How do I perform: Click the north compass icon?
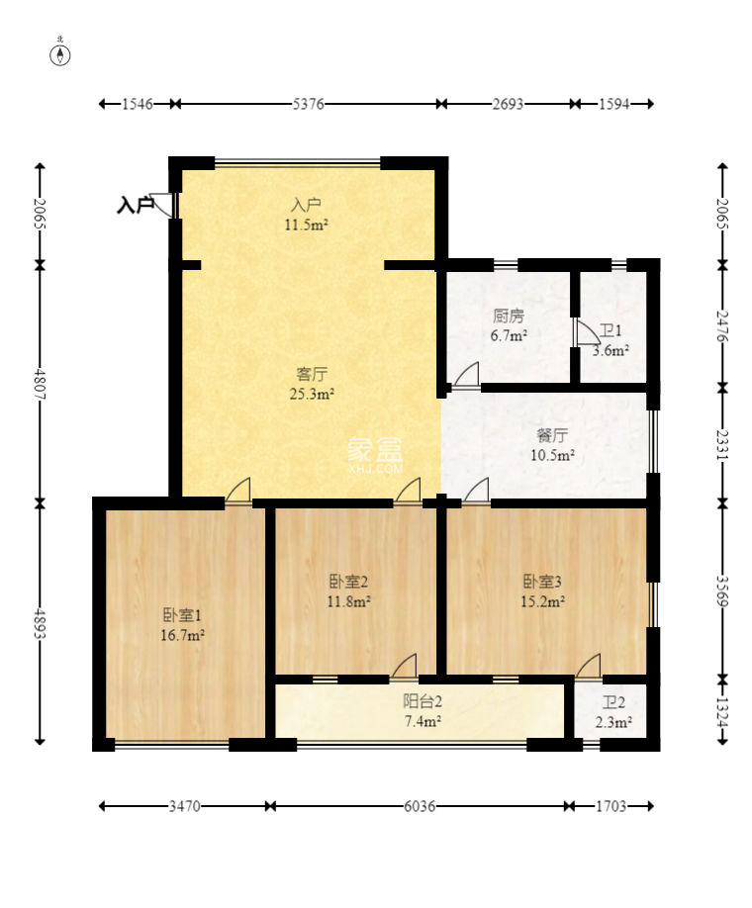click(x=60, y=53)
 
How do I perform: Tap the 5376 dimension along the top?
click(x=308, y=104)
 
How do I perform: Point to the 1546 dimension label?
click(x=138, y=104)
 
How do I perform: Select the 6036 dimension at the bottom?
click(x=419, y=806)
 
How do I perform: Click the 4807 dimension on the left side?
click(x=40, y=383)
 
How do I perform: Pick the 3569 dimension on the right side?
click(x=722, y=590)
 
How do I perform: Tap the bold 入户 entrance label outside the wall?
click(x=136, y=205)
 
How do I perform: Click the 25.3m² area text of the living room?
click(x=312, y=395)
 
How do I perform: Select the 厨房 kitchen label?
click(x=509, y=316)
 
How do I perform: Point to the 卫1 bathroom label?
click(x=611, y=330)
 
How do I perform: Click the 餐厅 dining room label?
click(x=552, y=435)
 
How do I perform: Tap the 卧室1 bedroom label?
click(x=182, y=615)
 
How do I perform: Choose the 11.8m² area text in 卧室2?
click(x=348, y=601)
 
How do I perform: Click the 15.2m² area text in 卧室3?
click(x=542, y=601)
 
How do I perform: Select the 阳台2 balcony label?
click(x=423, y=702)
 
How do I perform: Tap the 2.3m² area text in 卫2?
click(x=613, y=723)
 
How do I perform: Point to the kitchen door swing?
click(x=466, y=374)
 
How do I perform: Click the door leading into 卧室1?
click(x=238, y=490)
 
